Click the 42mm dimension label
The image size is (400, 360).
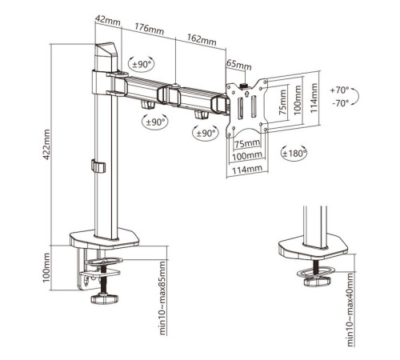108,20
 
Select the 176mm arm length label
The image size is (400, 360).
149,29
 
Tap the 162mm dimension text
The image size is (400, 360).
202,39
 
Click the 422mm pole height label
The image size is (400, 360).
46,145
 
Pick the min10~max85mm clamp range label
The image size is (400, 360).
162,298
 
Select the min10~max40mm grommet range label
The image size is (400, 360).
351,310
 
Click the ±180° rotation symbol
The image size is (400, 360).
294,154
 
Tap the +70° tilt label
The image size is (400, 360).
340,90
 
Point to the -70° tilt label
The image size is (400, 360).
341,103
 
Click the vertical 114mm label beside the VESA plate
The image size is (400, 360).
314,98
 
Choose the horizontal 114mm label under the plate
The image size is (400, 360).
247,170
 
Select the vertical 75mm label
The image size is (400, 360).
282,102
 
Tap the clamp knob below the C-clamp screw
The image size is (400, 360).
105,298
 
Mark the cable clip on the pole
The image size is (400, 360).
98,166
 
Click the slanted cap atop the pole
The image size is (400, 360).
106,50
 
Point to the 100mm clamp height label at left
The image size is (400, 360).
46,267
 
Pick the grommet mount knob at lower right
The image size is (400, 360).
318,281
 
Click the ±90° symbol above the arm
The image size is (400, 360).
142,65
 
